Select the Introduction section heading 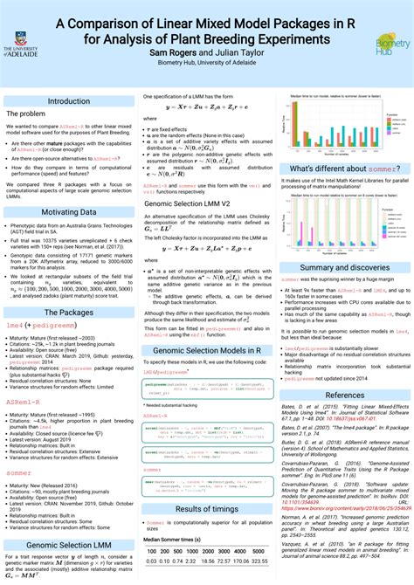[x=69, y=101]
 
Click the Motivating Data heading [x=69, y=188]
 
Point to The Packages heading [x=69, y=287]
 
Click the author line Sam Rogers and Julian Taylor [x=207, y=52]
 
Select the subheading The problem [x=25, y=114]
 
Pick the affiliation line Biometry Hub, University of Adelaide [x=207, y=63]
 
